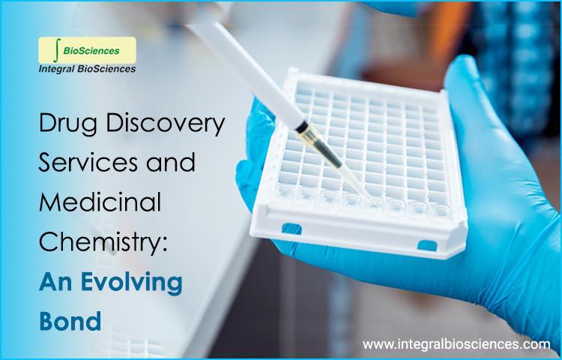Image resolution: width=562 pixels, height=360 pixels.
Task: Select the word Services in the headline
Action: click(88, 163)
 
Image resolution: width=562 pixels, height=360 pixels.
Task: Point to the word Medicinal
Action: click(100, 202)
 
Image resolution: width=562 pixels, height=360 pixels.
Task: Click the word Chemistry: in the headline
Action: click(103, 242)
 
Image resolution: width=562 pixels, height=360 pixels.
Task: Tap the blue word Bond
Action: click(70, 321)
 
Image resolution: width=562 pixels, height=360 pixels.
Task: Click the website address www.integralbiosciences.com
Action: click(456, 344)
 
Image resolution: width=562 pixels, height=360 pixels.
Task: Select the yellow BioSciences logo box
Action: click(87, 50)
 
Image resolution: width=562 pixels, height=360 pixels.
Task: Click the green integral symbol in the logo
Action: click(57, 50)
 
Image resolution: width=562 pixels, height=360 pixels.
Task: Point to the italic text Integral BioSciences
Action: click(87, 69)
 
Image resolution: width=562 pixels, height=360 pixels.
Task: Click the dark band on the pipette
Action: click(302, 127)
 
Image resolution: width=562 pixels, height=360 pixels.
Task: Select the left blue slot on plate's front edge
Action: click(291, 229)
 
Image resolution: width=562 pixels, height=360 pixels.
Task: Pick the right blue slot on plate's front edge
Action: click(427, 245)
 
